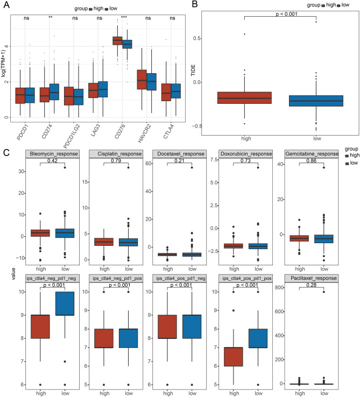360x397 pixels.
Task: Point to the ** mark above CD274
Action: tap(50, 18)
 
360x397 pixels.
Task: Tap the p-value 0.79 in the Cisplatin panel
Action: tap(113, 160)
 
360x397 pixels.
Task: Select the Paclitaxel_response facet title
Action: tap(313, 278)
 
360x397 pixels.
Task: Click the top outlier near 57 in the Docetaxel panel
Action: tap(190, 167)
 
